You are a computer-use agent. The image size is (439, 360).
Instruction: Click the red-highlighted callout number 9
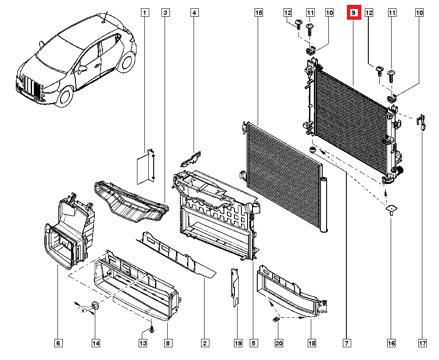tap(353, 13)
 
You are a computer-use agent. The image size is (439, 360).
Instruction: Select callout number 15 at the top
tap(259, 13)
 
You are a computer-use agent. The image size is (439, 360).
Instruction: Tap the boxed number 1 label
tap(144, 13)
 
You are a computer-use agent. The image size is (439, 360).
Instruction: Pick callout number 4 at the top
tap(194, 13)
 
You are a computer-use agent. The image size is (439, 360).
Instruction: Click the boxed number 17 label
tap(422, 343)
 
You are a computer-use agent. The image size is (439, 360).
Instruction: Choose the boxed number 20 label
tap(278, 343)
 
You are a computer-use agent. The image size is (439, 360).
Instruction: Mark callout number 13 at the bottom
tap(143, 343)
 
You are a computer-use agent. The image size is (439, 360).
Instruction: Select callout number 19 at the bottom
tap(238, 343)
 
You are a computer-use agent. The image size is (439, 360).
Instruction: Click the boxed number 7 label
tap(346, 343)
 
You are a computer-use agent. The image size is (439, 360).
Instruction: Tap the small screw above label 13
tap(152, 328)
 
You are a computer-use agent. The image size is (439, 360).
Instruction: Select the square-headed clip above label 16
tap(391, 209)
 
